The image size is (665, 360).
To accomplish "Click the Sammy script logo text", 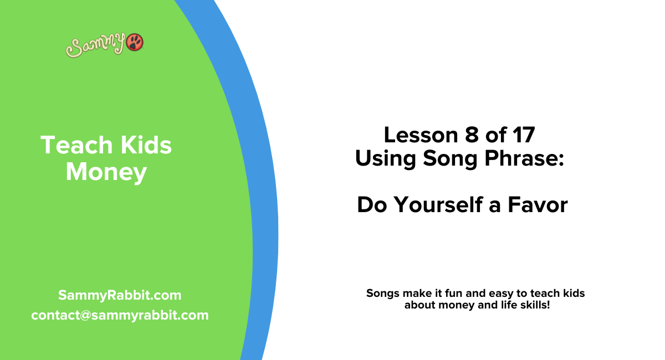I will click(x=96, y=46).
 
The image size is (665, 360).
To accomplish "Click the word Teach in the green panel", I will click(x=69, y=146).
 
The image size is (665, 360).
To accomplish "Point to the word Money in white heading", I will click(x=106, y=172).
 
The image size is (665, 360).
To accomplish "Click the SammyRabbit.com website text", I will click(x=120, y=295).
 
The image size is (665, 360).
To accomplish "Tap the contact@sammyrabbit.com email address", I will click(x=120, y=315).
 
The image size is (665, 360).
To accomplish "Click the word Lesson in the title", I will click(x=418, y=135).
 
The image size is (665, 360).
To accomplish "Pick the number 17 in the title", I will click(x=521, y=135).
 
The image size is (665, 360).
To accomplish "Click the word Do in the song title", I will click(x=371, y=205).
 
